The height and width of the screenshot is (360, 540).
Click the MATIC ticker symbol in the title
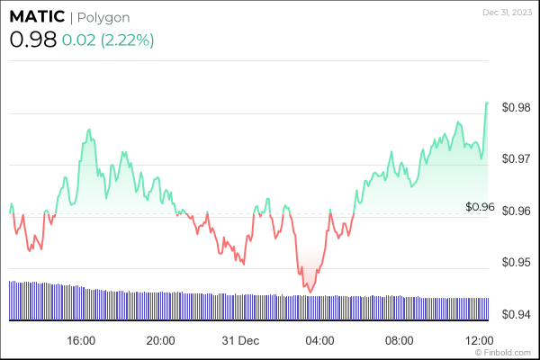pos(36,18)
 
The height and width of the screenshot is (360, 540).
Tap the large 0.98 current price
pos(32,40)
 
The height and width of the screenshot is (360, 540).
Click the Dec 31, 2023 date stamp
pos(508,12)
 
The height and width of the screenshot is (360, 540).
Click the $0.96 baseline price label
pos(480,206)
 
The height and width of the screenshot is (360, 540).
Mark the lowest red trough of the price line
pos(310,292)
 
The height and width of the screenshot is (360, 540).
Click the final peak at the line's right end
pos(487,103)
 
